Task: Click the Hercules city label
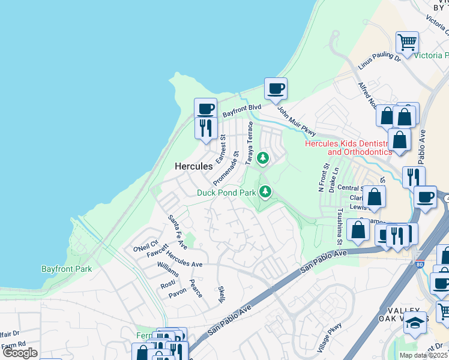tap(193, 166)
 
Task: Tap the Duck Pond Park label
tap(227, 193)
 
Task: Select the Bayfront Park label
tap(67, 269)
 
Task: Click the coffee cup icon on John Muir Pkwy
tap(276, 89)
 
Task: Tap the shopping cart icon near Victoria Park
tap(407, 43)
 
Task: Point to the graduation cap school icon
tap(414, 323)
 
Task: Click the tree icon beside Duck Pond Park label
tap(265, 192)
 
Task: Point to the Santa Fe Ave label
tap(177, 232)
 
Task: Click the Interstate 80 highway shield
tap(418, 263)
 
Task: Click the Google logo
tap(20, 353)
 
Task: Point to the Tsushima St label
tap(339, 227)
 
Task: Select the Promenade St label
tap(227, 168)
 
